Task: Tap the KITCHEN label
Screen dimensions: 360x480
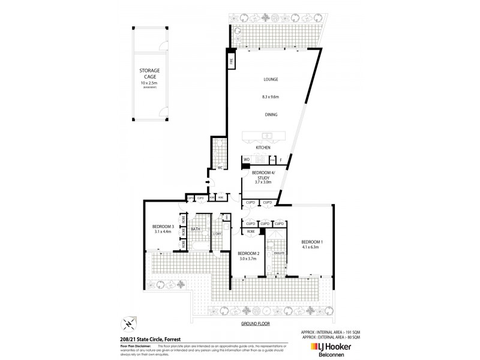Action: click(263, 147)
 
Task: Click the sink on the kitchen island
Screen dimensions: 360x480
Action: click(268, 134)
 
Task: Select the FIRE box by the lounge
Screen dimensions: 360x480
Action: click(229, 60)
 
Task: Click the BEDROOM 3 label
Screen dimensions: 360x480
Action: click(163, 226)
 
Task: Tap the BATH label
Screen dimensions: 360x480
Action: click(196, 229)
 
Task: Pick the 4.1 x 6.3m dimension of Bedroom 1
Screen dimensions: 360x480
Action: click(314, 247)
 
